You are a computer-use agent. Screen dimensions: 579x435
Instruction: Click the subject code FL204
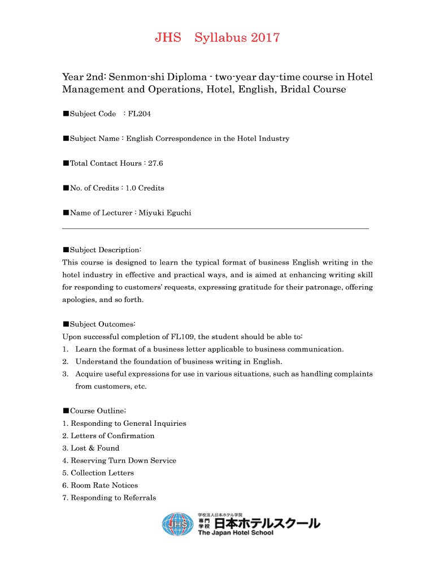[140, 114]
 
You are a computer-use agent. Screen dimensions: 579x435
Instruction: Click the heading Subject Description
[105, 250]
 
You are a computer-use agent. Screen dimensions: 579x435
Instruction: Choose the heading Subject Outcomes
[102, 325]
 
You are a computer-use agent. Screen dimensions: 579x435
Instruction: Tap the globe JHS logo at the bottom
[178, 525]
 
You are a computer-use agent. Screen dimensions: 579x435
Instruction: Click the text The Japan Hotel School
[236, 533]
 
